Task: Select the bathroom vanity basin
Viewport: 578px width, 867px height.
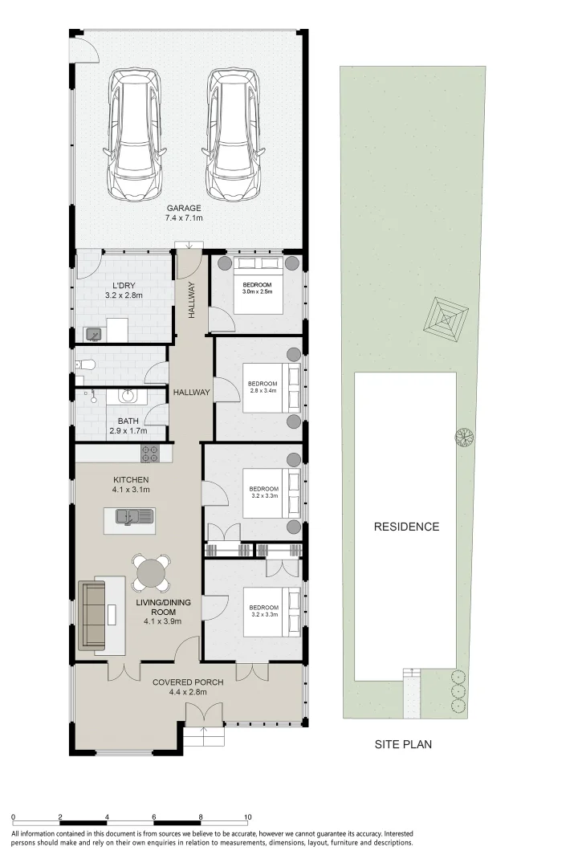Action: click(x=128, y=396)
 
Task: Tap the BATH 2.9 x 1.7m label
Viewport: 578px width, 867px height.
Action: click(x=128, y=425)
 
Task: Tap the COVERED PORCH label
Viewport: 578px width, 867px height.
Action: click(x=188, y=686)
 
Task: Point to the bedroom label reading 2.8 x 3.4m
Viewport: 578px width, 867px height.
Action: click(x=262, y=388)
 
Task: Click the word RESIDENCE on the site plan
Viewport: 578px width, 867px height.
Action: click(x=406, y=527)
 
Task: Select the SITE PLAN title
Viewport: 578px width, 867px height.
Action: click(x=403, y=744)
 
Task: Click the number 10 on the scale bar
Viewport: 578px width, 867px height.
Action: click(x=248, y=817)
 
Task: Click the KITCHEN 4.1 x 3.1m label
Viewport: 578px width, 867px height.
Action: click(x=130, y=484)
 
